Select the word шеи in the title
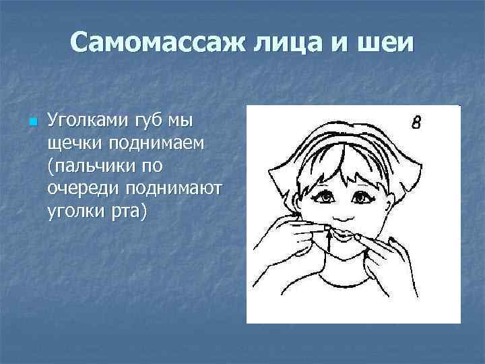coord(387,44)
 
